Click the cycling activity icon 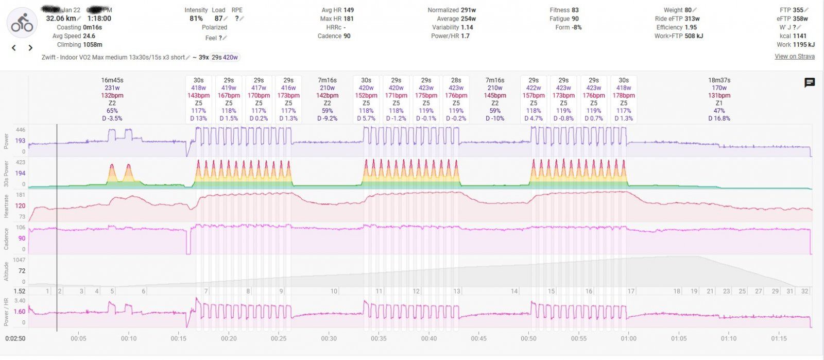[x=22, y=23]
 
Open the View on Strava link [x=794, y=56]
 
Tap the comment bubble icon [x=809, y=83]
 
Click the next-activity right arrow [x=30, y=48]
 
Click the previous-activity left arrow [x=14, y=48]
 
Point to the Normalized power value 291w [x=468, y=10]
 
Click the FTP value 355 [x=798, y=10]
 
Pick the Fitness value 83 [x=575, y=10]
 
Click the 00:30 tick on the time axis [x=329, y=338]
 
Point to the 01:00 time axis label [x=628, y=338]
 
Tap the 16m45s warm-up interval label [x=112, y=80]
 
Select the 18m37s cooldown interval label [x=719, y=80]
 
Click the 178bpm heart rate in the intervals [x=623, y=95]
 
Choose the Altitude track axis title [x=7, y=271]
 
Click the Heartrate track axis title [x=7, y=206]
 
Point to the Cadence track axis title [x=7, y=239]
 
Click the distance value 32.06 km [x=61, y=19]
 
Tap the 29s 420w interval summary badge [x=225, y=57]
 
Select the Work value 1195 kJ [x=803, y=45]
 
